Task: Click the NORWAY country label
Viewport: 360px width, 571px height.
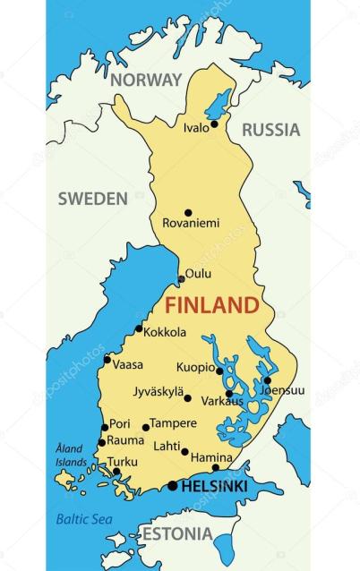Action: point(146,80)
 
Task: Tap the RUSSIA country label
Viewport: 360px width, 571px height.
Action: point(270,129)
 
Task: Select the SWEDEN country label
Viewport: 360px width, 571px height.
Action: point(93,199)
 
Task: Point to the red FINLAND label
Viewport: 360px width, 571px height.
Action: point(212,304)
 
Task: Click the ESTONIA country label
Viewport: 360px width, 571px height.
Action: point(176,535)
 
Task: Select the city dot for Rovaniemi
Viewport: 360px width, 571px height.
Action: point(188,213)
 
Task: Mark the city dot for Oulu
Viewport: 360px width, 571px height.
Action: point(182,278)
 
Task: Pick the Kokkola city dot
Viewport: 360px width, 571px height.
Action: point(139,329)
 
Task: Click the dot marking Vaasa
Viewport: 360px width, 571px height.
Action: point(107,360)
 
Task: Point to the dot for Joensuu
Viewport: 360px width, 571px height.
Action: point(267,379)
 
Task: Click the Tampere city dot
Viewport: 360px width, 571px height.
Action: point(146,427)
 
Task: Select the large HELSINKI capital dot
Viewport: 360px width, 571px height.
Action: point(173,486)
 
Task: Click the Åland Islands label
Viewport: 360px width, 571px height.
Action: point(70,456)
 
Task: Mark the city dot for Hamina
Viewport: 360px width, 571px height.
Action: point(215,467)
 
